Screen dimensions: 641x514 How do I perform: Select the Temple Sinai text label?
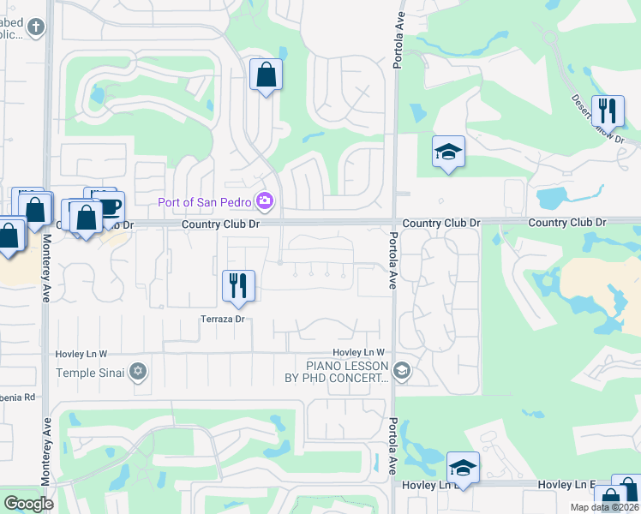(90, 373)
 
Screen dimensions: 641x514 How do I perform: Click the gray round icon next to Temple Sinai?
(137, 372)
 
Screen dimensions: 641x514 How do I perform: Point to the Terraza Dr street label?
(224, 319)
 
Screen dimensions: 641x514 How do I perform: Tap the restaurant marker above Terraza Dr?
(238, 286)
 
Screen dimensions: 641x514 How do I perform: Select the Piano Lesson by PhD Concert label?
(337, 372)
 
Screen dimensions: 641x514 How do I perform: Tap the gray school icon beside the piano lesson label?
(402, 372)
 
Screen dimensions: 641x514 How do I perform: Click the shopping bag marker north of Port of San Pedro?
(266, 75)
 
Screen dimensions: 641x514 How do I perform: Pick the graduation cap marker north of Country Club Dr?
(448, 152)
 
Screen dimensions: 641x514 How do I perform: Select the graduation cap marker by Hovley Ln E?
(463, 468)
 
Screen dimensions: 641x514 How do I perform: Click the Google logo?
(29, 504)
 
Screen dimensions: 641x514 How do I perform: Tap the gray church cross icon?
(36, 27)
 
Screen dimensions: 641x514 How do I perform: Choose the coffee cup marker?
(109, 206)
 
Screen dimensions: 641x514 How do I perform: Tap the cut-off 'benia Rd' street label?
(17, 397)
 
